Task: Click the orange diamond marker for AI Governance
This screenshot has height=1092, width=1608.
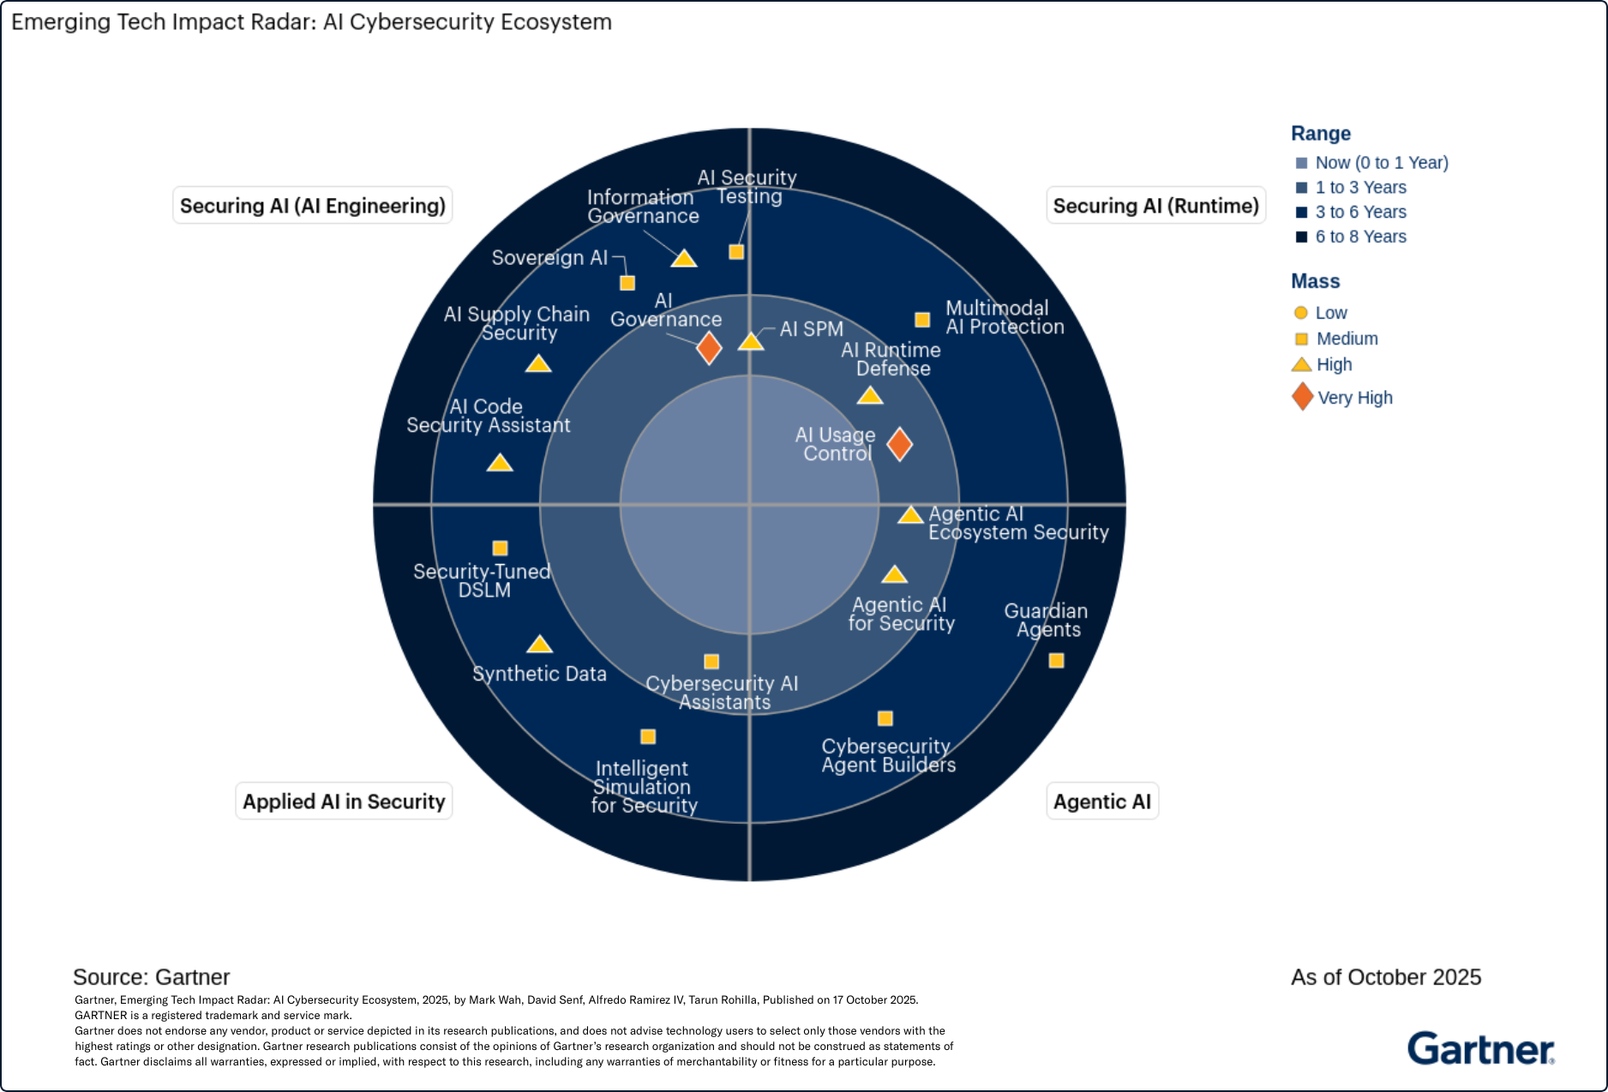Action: pos(709,348)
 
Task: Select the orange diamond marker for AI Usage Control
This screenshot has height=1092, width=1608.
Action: pos(899,444)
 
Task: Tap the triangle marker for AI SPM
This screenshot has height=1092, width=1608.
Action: pos(751,342)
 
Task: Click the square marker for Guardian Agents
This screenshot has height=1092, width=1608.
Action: pos(1056,661)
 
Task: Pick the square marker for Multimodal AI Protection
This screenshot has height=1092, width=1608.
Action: pos(922,320)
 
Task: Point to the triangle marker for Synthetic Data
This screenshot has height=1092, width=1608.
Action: pos(539,645)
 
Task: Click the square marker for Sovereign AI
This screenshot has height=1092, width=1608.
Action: pos(627,283)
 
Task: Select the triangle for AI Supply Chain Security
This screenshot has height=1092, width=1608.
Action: pos(538,364)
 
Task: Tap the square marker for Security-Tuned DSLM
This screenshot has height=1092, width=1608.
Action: pos(501,548)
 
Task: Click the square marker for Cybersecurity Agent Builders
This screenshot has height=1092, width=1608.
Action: pos(885,718)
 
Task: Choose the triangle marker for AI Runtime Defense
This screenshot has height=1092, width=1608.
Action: pos(870,396)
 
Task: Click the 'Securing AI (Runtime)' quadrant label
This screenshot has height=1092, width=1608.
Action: pos(1155,206)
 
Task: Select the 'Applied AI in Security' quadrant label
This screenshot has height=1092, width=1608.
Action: pos(344,801)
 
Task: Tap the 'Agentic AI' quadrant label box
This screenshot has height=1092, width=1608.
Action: pos(1101,801)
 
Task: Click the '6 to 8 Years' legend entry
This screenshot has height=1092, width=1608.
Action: pos(1360,237)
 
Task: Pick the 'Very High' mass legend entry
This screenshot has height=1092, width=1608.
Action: pos(1354,398)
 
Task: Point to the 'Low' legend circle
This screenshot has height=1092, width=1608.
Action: pos(1301,313)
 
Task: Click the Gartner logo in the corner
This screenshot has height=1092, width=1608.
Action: pos(1480,1048)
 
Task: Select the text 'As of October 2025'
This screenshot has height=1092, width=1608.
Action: pos(1385,977)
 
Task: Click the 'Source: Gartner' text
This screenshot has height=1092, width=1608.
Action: pos(152,977)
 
